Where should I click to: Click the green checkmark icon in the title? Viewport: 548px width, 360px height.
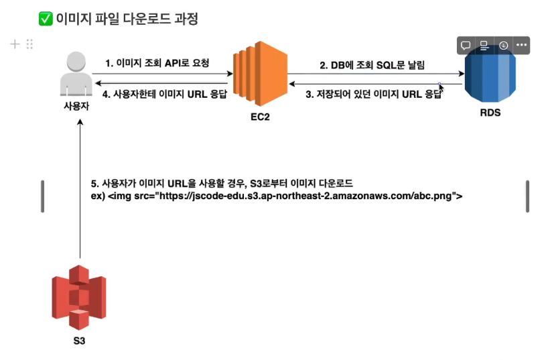46,19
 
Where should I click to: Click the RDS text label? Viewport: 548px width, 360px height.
490,113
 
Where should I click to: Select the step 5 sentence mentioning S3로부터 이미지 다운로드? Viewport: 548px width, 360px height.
222,183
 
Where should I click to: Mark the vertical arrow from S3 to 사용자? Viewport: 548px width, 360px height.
80,188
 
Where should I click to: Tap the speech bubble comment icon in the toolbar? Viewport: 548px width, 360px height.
465,46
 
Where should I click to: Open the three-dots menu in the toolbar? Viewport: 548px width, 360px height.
521,46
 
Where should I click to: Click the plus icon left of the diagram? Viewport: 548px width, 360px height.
15,44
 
